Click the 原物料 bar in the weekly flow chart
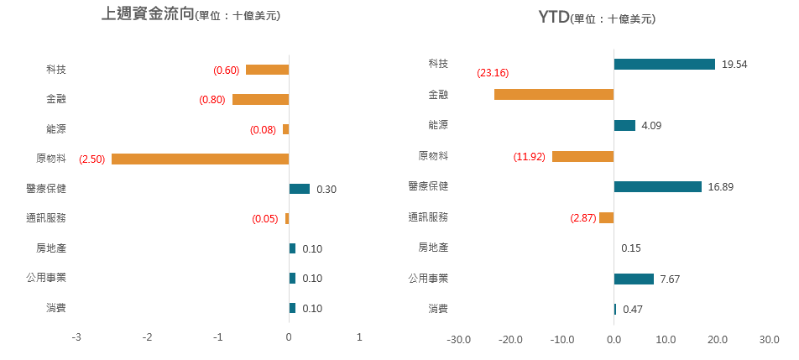(200, 159)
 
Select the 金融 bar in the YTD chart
(554, 94)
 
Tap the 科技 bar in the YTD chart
(664, 64)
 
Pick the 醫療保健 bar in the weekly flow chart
(299, 189)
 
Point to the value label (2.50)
(91, 159)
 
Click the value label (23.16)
(492, 73)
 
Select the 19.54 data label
(734, 65)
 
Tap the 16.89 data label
(720, 187)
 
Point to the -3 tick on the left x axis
(76, 337)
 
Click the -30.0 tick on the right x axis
(459, 341)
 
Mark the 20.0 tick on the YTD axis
(717, 341)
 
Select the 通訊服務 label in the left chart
(46, 218)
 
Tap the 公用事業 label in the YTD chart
(428, 279)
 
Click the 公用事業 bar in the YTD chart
(634, 279)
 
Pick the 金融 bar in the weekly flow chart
(260, 99)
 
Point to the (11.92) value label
(530, 156)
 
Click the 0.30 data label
(326, 190)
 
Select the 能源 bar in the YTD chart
(624, 125)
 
